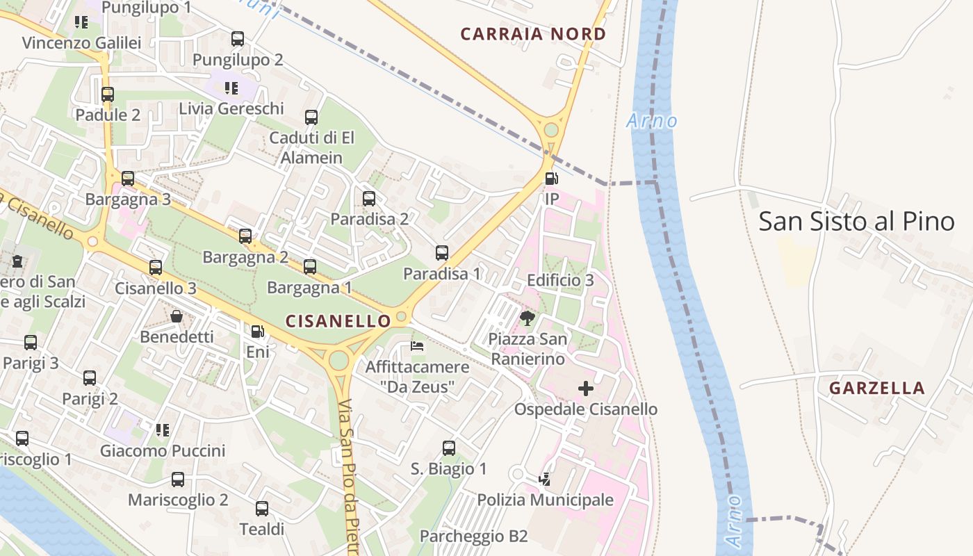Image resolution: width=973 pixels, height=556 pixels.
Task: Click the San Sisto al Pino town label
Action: coord(856,222)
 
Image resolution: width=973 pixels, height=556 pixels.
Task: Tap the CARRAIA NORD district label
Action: coord(533,33)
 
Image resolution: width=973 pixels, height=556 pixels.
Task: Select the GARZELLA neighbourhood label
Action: coord(877,388)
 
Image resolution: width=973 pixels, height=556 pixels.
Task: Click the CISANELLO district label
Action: coord(338,320)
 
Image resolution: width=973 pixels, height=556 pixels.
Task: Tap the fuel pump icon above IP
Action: coord(551,179)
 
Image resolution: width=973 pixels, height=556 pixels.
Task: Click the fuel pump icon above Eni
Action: coord(257,332)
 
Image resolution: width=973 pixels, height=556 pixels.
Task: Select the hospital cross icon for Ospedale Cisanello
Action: coord(586,389)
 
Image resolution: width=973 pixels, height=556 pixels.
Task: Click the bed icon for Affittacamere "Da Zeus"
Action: coord(417,345)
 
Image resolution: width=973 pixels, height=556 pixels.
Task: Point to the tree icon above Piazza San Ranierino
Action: coord(528,318)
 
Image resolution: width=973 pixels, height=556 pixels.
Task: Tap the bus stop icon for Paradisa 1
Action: coord(442,253)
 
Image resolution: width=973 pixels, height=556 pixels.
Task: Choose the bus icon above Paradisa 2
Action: coord(369,199)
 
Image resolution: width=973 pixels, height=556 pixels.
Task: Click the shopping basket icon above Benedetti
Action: coord(177,316)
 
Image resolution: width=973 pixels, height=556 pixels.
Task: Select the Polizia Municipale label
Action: coord(545,500)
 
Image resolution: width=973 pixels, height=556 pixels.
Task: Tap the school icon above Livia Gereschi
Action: coord(231,88)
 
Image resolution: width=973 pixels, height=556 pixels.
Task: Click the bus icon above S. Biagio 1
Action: coord(449,448)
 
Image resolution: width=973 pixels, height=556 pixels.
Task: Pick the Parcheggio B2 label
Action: coord(473,536)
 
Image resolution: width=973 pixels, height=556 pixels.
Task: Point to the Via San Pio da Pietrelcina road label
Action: coord(349,473)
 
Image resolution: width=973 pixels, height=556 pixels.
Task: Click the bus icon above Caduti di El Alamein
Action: coord(311,117)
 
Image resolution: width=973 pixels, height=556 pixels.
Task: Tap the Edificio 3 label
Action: coord(560,280)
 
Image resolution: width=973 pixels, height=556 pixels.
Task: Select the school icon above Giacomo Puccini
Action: coord(163,430)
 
